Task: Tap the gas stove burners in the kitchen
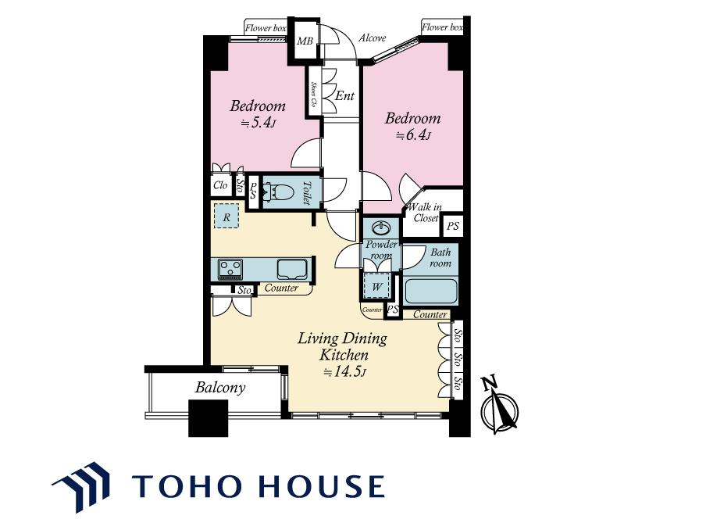[230, 269]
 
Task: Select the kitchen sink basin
[292, 269]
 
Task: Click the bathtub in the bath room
[431, 291]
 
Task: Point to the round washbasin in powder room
[381, 228]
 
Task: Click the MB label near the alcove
[305, 41]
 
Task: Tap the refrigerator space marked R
[226, 217]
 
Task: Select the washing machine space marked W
[377, 286]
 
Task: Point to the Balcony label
[220, 388]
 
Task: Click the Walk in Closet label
[424, 213]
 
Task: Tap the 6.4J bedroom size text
[413, 135]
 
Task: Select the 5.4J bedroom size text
[258, 123]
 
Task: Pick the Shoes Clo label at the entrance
[313, 94]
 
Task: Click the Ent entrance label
[345, 95]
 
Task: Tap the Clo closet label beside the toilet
[220, 185]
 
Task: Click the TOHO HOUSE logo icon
[81, 487]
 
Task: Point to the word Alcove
[372, 38]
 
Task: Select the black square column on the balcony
[208, 418]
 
